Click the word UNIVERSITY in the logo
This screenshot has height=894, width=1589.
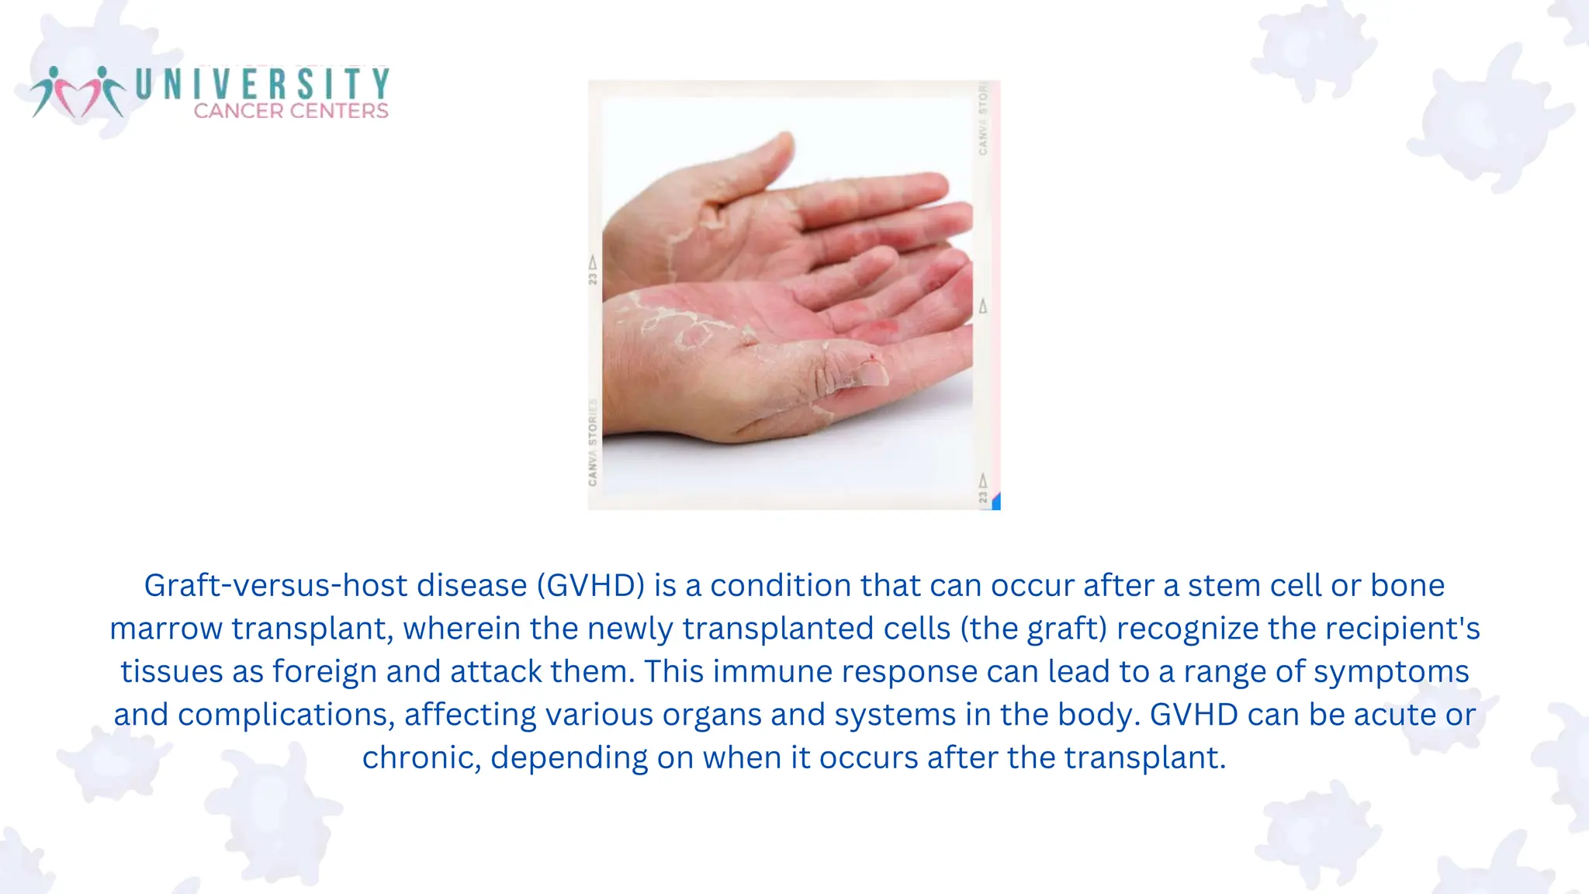[262, 84]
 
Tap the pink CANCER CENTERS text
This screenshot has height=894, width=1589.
[291, 111]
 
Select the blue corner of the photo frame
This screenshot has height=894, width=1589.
[996, 501]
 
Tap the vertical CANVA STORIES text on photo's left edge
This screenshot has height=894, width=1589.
[594, 442]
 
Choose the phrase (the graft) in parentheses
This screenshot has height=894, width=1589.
[1033, 629]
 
